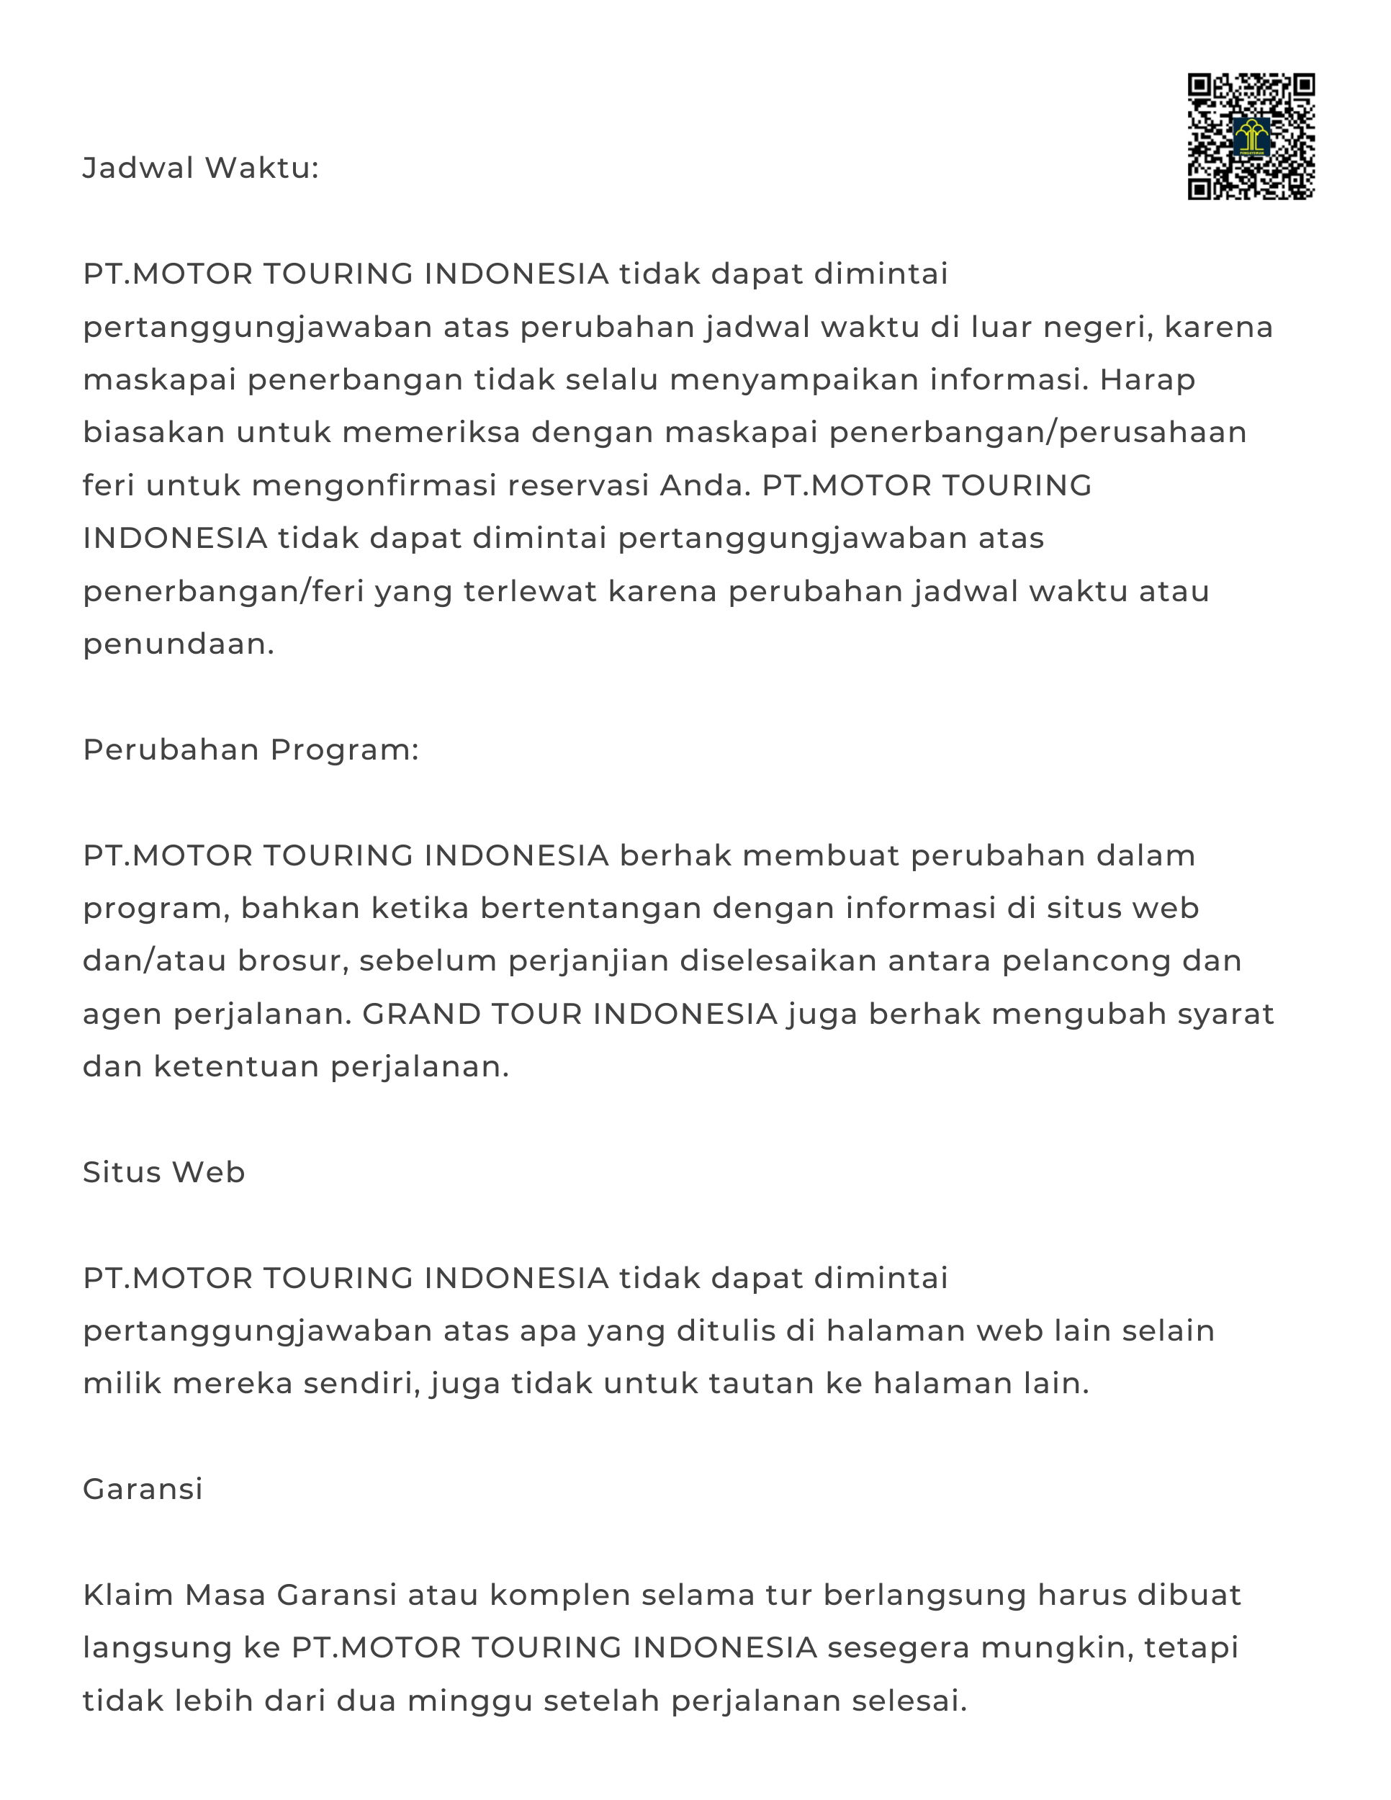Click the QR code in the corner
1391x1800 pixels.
[x=1250, y=136]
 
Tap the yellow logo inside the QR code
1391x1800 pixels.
[x=1251, y=138]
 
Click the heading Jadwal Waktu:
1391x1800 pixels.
[x=200, y=168]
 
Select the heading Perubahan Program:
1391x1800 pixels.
[x=251, y=750]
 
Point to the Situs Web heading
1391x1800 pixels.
[x=164, y=1172]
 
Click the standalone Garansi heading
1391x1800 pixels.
[x=143, y=1488]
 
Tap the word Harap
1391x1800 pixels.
[x=1147, y=380]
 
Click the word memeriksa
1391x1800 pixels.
[x=431, y=433]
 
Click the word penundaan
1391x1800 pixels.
[x=178, y=644]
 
